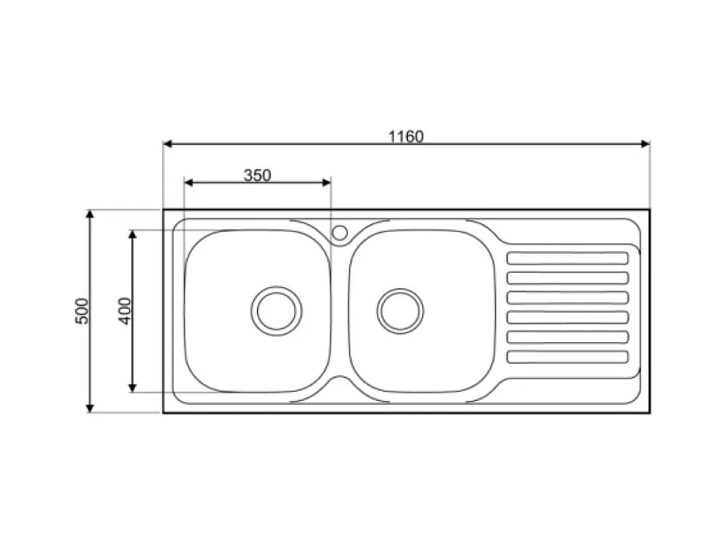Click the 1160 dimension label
coord(406,136)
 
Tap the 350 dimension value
coord(257,175)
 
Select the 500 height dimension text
coord(83,310)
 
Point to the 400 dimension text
coord(125,310)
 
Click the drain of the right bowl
coord(400,310)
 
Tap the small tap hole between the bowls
coord(340,232)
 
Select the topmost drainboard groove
coord(567,258)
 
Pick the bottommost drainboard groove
coord(567,356)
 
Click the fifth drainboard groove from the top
coord(567,337)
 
